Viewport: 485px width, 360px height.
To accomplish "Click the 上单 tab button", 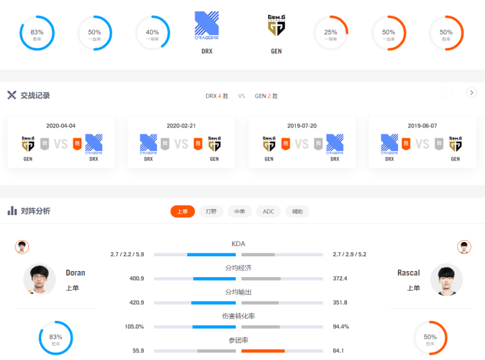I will [x=183, y=211].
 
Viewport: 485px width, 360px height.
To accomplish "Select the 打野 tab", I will [x=211, y=211].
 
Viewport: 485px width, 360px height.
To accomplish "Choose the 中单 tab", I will [x=239, y=211].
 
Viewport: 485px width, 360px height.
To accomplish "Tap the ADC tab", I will [x=268, y=211].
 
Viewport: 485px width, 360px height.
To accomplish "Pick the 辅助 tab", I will [x=297, y=211].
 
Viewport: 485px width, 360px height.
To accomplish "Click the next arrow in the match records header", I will [x=471, y=93].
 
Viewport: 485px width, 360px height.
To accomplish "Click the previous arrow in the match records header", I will [x=447, y=93].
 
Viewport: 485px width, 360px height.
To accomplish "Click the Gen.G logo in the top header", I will [x=276, y=25].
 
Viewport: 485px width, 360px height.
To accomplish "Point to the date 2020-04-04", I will [x=61, y=125].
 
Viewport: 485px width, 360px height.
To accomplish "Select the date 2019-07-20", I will [x=302, y=125].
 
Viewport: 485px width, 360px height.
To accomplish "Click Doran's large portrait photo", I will [x=40, y=279].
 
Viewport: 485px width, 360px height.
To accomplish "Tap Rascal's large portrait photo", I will [x=445, y=279].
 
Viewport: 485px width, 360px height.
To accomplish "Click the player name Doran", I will [x=75, y=273].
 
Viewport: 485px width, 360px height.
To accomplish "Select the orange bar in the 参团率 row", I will [x=263, y=351].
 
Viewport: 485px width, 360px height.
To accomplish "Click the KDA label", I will [x=238, y=243].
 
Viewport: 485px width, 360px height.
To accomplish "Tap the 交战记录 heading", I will [x=35, y=95].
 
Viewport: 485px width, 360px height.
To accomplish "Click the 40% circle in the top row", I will [x=152, y=33].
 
